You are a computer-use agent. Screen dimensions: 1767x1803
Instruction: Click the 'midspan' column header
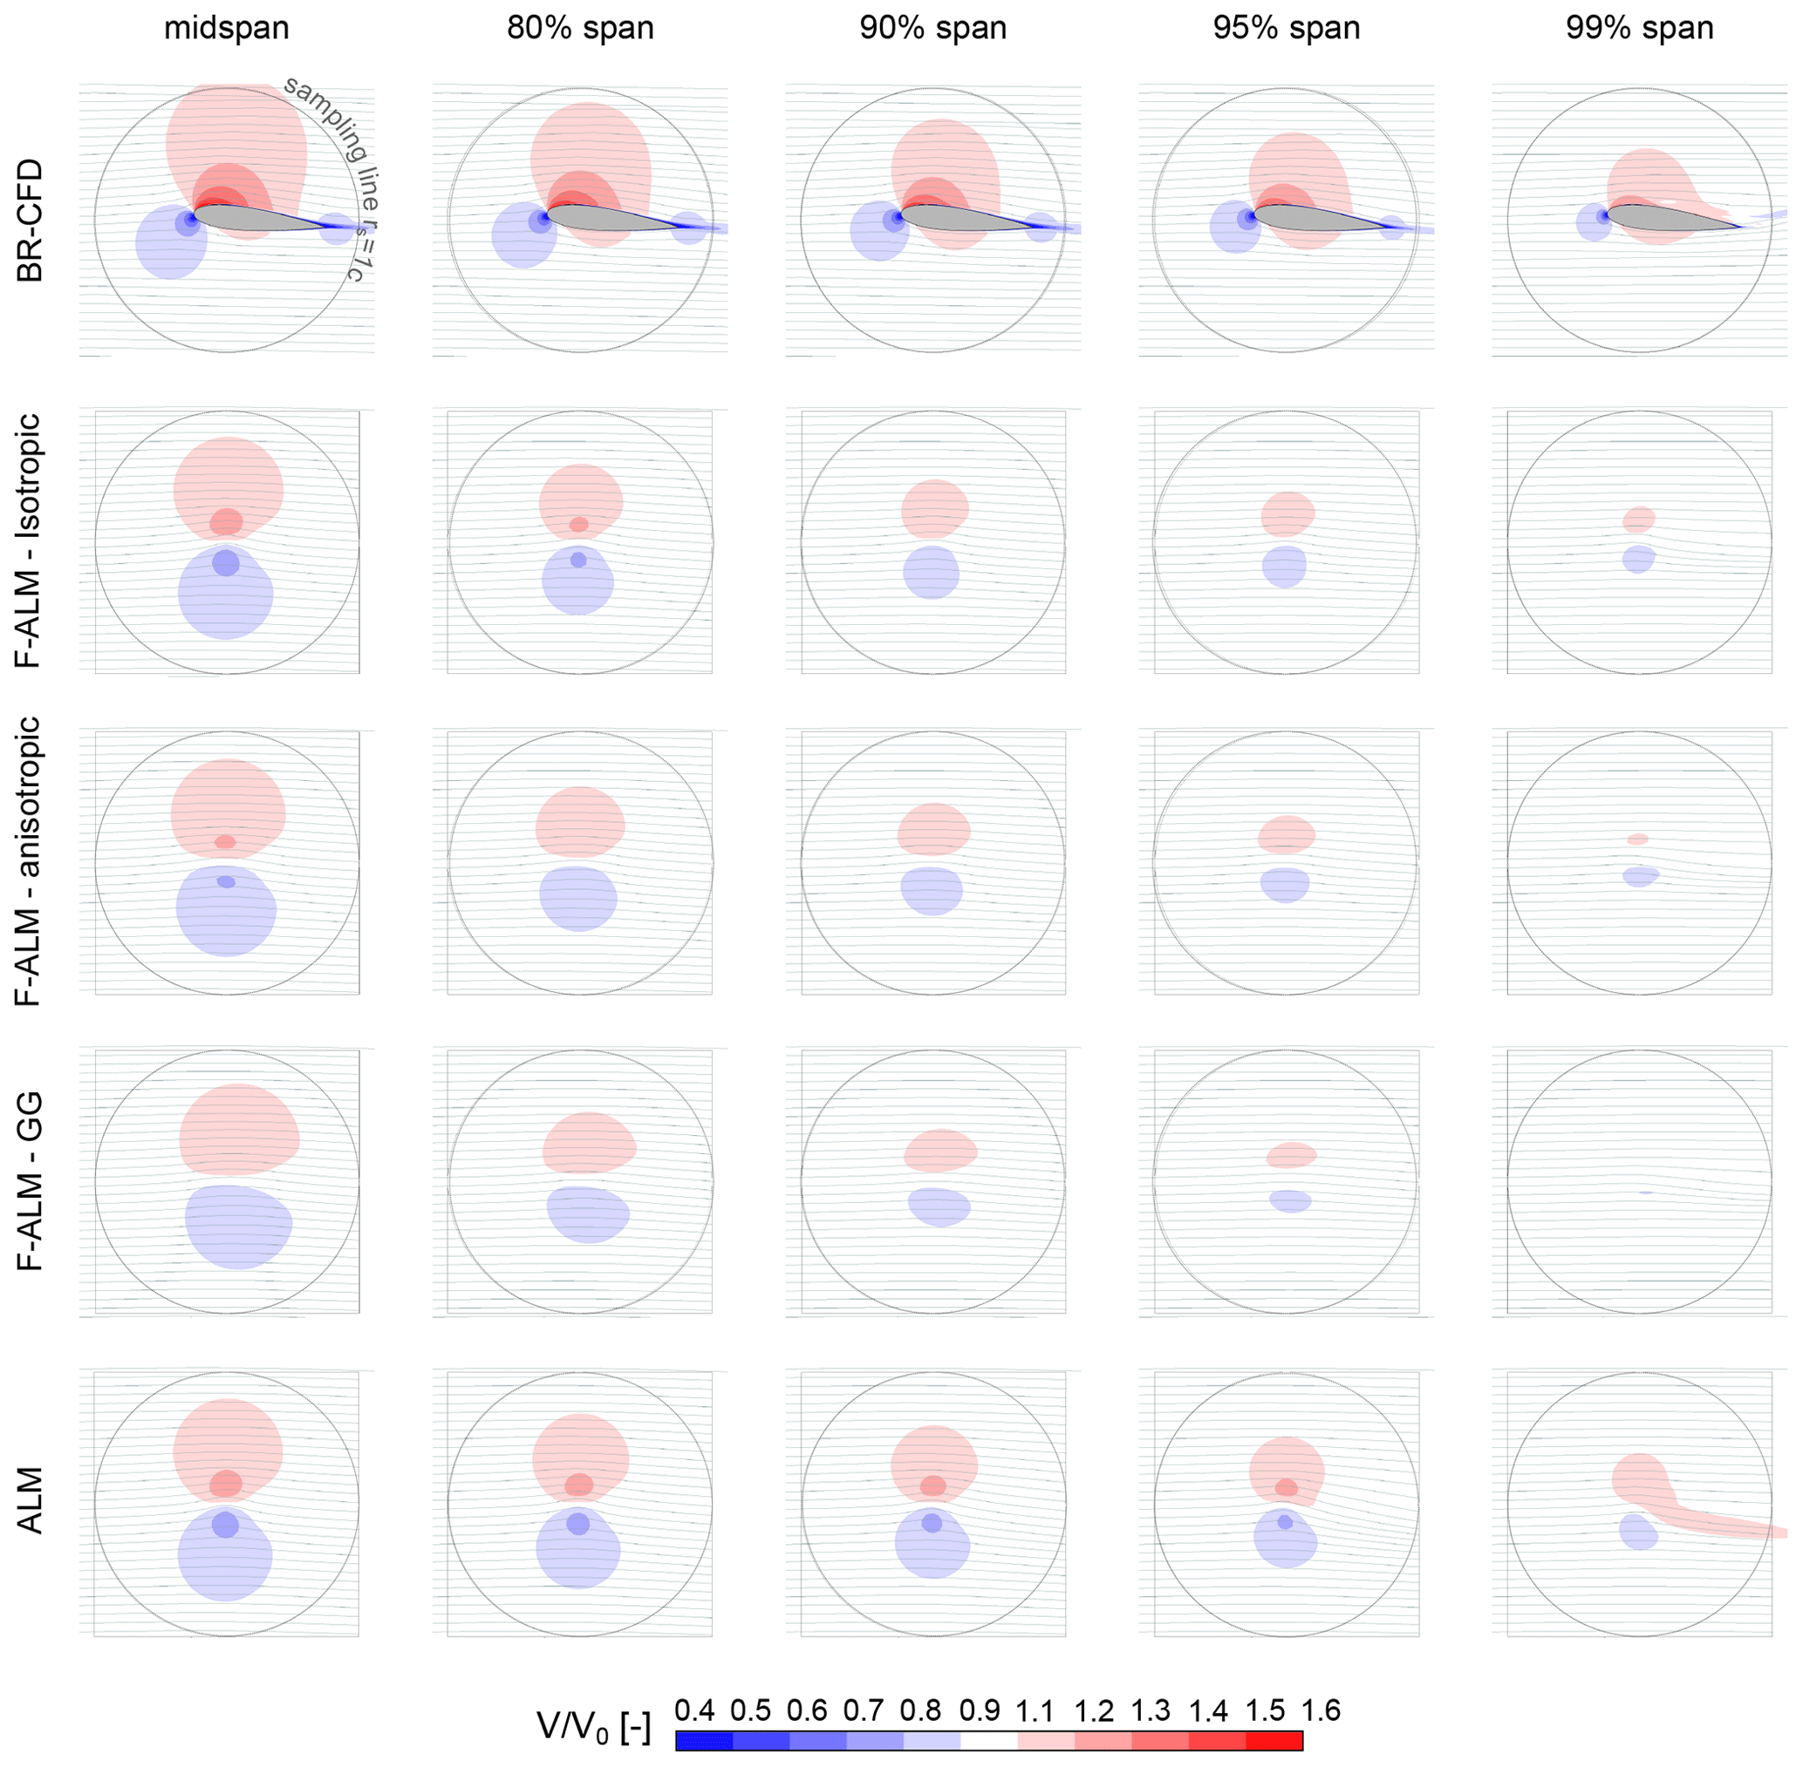(227, 28)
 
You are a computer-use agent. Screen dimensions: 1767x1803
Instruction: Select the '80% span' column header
(580, 28)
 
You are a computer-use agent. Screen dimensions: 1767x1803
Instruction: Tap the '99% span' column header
(1640, 28)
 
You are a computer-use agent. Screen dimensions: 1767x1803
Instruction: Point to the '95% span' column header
(1286, 28)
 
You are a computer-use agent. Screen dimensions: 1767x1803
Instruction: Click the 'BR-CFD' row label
(31, 220)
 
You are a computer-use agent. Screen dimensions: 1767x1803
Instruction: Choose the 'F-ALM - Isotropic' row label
(31, 541)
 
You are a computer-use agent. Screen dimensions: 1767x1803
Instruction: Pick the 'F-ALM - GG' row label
(31, 1180)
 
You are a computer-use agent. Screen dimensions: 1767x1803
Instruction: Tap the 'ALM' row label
(31, 1500)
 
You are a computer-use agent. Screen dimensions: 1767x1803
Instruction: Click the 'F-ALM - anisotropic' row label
(31, 861)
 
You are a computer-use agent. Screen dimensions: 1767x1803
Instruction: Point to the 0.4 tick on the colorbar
(693, 1710)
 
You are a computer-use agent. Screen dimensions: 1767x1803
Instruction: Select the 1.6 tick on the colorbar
(1321, 1710)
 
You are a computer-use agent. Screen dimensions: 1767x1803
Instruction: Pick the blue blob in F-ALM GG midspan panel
(239, 1225)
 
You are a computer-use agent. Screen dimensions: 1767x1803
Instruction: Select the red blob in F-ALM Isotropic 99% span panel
(1639, 519)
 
